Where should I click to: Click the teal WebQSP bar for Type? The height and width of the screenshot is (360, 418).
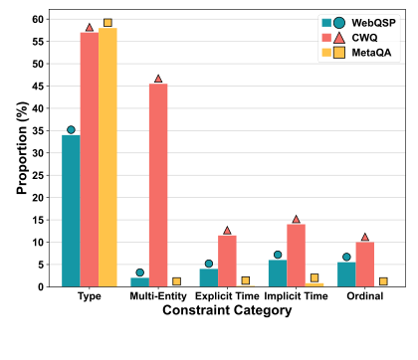coord(71,211)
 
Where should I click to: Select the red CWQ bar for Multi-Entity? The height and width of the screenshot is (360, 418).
coord(158,185)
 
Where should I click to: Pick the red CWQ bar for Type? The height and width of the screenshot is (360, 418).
coord(90,159)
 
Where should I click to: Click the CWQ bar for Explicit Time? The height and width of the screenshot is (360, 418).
coord(227,261)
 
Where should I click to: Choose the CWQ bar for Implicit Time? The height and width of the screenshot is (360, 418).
coord(296,256)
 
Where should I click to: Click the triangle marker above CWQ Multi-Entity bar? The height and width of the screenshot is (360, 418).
coord(158,79)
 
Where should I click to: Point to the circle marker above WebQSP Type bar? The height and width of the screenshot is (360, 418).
coord(71,129)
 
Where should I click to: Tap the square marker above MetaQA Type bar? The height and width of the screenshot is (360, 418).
coord(107,22)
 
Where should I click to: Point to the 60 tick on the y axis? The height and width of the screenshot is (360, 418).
coord(42,19)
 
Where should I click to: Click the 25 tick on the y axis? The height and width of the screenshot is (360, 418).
coord(42,175)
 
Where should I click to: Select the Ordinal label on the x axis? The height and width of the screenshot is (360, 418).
coord(364,296)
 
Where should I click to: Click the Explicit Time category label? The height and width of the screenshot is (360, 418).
coord(227,296)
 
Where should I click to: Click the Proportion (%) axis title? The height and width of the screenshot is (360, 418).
coord(22,152)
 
